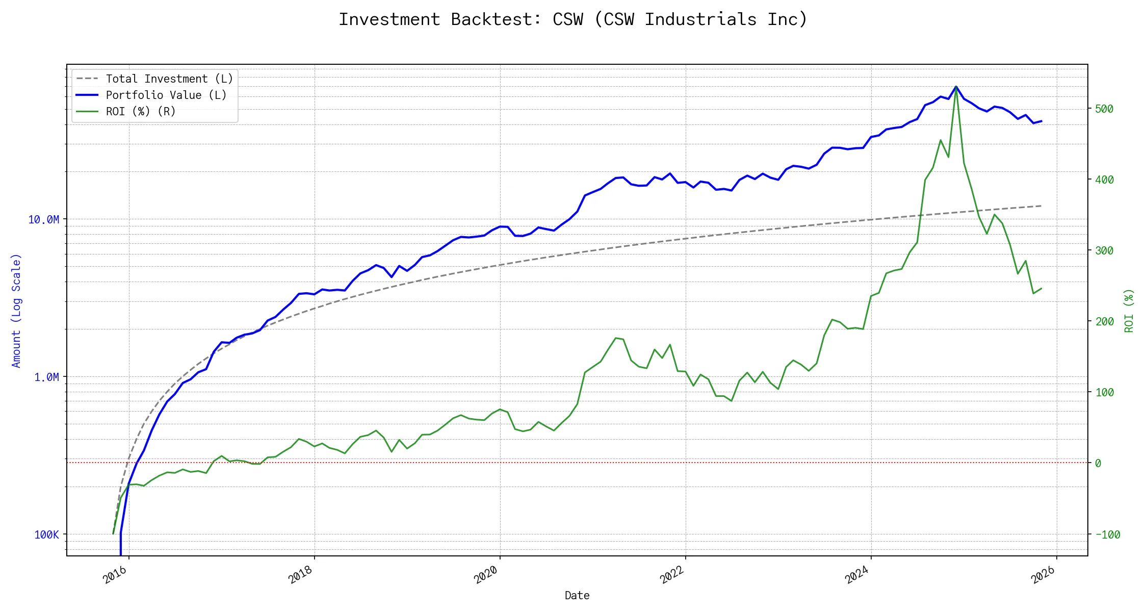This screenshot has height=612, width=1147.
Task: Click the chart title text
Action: [573, 19]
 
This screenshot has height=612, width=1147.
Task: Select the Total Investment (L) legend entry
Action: [169, 79]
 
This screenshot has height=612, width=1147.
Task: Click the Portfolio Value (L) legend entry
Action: [166, 95]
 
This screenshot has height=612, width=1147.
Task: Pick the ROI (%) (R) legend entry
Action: [140, 111]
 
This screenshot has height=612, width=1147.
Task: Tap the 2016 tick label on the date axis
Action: [115, 575]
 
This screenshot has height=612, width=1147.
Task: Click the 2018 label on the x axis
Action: [301, 575]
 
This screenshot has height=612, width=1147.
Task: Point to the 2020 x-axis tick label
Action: [486, 575]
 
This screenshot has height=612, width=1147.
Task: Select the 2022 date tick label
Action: [672, 575]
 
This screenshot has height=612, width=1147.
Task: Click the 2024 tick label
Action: [857, 575]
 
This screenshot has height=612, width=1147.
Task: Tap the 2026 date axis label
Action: [1043, 575]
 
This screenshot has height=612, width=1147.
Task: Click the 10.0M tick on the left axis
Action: [44, 219]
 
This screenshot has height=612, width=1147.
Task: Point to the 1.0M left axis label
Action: [46, 377]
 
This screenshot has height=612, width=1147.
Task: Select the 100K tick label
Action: [46, 534]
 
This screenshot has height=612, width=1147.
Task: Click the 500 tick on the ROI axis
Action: [1104, 109]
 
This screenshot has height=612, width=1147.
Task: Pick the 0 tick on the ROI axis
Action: [1098, 463]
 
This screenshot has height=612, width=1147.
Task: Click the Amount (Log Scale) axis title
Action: [16, 311]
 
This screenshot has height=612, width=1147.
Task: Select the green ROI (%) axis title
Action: [1129, 311]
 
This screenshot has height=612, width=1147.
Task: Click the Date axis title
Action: [577, 595]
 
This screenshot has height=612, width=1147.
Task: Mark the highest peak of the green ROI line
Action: [956, 87]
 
